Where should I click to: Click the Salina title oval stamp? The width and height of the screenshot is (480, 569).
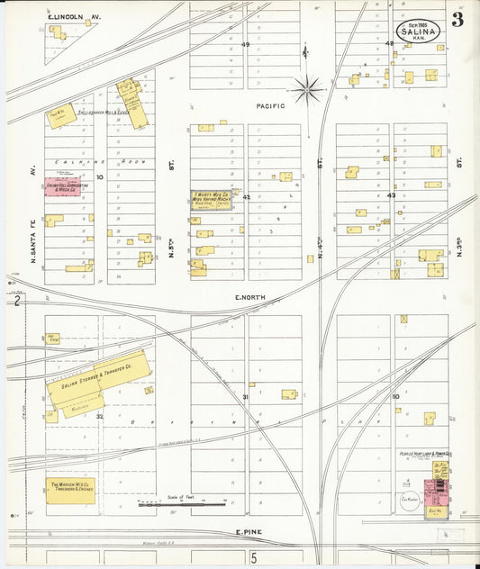click(420, 31)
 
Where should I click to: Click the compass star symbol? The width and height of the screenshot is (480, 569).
click(307, 88)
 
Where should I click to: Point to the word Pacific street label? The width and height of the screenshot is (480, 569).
click(270, 106)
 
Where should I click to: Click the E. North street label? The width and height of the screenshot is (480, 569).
click(252, 297)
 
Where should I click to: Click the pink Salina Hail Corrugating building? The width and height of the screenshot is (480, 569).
click(68, 187)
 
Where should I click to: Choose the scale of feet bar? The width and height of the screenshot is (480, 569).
click(180, 504)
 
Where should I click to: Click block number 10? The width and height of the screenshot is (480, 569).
click(100, 177)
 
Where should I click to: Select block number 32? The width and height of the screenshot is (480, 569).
click(100, 416)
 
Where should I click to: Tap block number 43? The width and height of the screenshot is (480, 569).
click(391, 194)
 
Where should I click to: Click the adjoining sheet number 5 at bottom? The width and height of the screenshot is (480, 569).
click(254, 558)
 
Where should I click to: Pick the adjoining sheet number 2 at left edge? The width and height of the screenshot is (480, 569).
click(17, 302)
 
